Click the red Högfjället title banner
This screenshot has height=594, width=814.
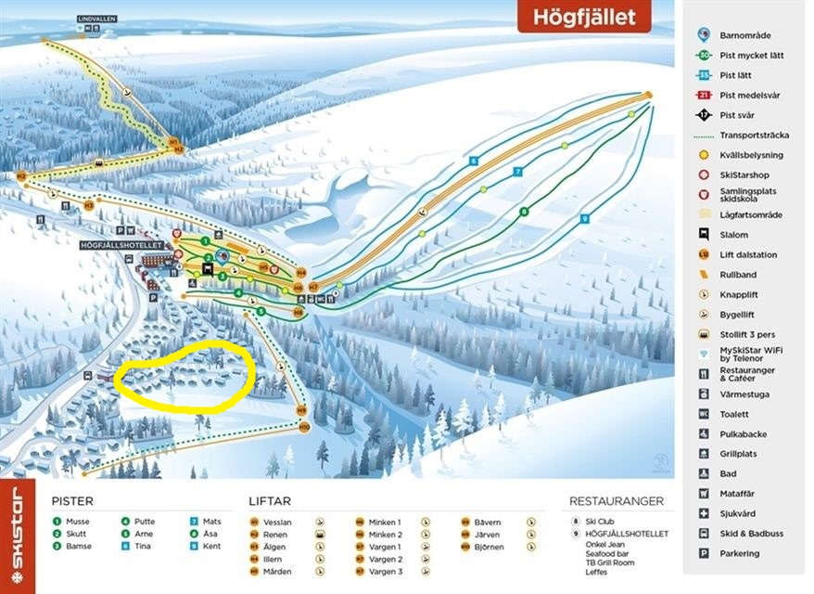tap(583, 16)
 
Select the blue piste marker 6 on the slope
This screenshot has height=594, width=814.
tap(473, 161)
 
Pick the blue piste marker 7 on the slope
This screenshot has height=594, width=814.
tap(518, 172)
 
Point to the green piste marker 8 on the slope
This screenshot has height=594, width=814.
tap(524, 211)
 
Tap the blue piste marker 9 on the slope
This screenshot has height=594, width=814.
tap(585, 218)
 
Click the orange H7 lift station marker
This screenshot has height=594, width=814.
tap(313, 287)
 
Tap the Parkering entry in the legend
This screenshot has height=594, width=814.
tap(739, 554)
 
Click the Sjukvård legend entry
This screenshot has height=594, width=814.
tap(739, 514)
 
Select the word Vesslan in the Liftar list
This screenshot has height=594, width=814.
tap(277, 523)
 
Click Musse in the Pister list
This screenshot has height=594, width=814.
tap(79, 523)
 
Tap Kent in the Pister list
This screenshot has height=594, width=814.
tap(212, 547)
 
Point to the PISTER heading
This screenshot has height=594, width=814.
tap(72, 501)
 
